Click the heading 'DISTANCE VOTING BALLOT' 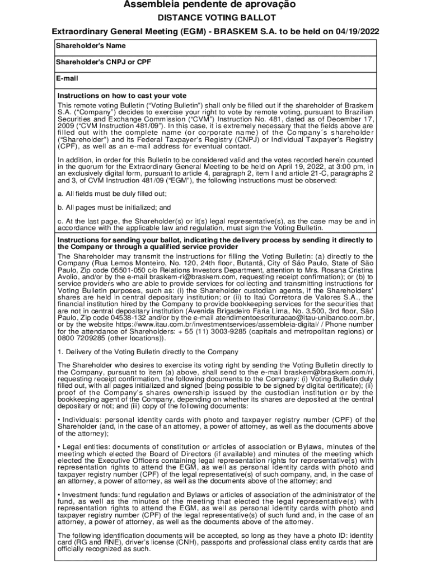tap(216, 18)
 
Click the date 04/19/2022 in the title tap(358, 31)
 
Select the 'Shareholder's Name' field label tap(90, 45)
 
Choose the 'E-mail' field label tap(67, 79)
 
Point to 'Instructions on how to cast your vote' tap(122, 96)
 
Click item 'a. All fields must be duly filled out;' tap(112, 193)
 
